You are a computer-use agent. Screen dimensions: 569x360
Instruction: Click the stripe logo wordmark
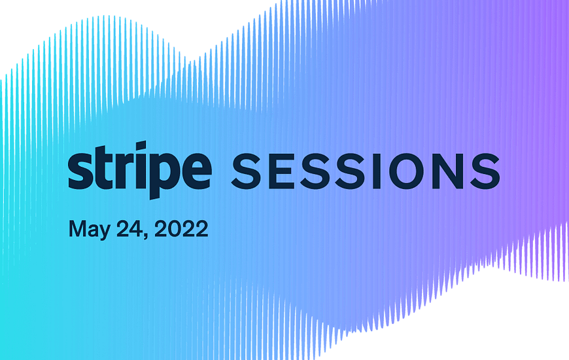pos(140,170)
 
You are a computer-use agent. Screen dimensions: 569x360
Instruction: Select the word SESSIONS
pos(366,171)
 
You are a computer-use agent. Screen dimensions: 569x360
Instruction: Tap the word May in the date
pos(89,230)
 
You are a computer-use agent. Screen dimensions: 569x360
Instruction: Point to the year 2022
pos(181,228)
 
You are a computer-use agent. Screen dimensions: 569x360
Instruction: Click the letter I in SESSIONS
pos(377,171)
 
